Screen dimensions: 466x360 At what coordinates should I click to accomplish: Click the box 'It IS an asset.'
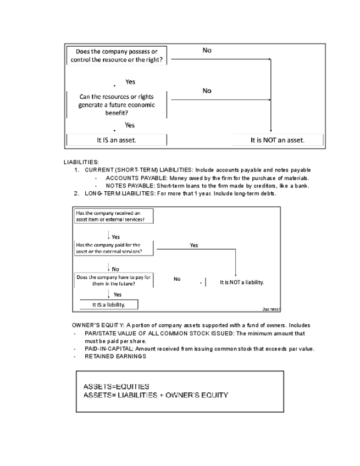[117, 140]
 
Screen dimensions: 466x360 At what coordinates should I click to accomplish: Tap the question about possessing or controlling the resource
[117, 55]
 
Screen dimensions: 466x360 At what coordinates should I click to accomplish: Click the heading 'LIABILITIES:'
[81, 163]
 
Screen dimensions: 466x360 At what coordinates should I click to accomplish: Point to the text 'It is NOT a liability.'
[242, 282]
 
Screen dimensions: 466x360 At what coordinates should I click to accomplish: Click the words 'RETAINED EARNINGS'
[115, 357]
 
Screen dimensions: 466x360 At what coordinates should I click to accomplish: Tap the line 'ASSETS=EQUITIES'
[116, 386]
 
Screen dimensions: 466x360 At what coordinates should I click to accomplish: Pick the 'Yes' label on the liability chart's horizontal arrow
[194, 245]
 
